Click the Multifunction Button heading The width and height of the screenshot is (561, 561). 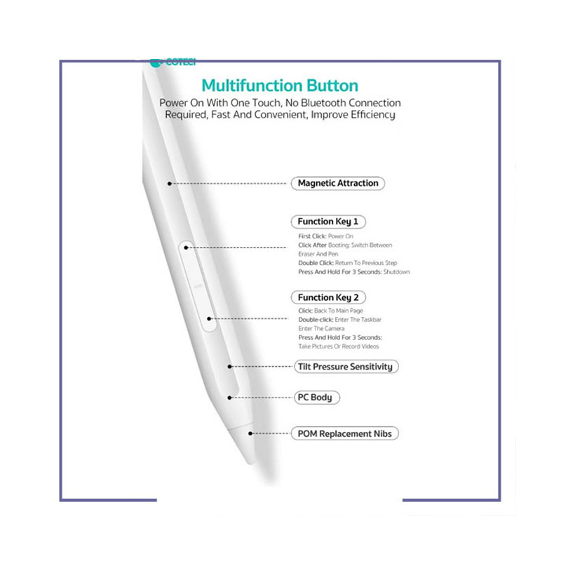pos(280,86)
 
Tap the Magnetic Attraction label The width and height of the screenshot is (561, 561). pos(338,183)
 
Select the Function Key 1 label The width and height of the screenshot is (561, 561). pos(328,222)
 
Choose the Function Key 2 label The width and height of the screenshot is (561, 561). pos(328,297)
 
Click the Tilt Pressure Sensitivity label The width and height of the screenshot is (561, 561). pos(346,367)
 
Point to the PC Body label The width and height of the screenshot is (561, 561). pos(317,398)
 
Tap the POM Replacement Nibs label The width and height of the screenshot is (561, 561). pos(344,433)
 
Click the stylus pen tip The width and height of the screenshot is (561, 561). pos(252,462)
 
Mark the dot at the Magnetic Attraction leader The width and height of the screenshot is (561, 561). pos(170,184)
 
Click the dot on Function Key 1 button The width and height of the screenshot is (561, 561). pos(186,248)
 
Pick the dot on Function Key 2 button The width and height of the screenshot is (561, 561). pos(209,318)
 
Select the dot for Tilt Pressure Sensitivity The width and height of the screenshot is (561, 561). pos(230,366)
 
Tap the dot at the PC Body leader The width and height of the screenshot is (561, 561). pos(230,398)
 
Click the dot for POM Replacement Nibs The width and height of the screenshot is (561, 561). pos(250,433)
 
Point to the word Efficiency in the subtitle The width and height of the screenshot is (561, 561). pos(373,115)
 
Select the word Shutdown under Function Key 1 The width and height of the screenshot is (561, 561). pos(396,272)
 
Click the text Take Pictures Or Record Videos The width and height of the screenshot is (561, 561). pos(339,346)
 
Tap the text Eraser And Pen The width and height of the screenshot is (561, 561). pos(318,254)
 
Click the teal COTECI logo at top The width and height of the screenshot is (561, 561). pos(173,63)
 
